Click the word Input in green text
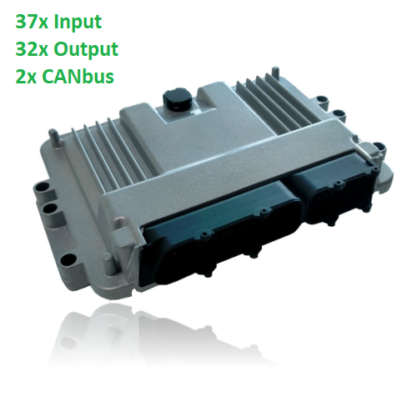78,23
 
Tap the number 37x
32,21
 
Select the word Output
86,50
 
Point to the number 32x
32,49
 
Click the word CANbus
78,76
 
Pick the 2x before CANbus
26,77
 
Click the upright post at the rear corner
275,74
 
